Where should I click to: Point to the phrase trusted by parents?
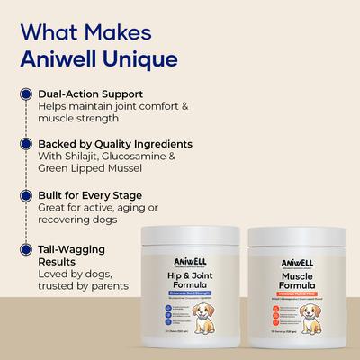point(87,286)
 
